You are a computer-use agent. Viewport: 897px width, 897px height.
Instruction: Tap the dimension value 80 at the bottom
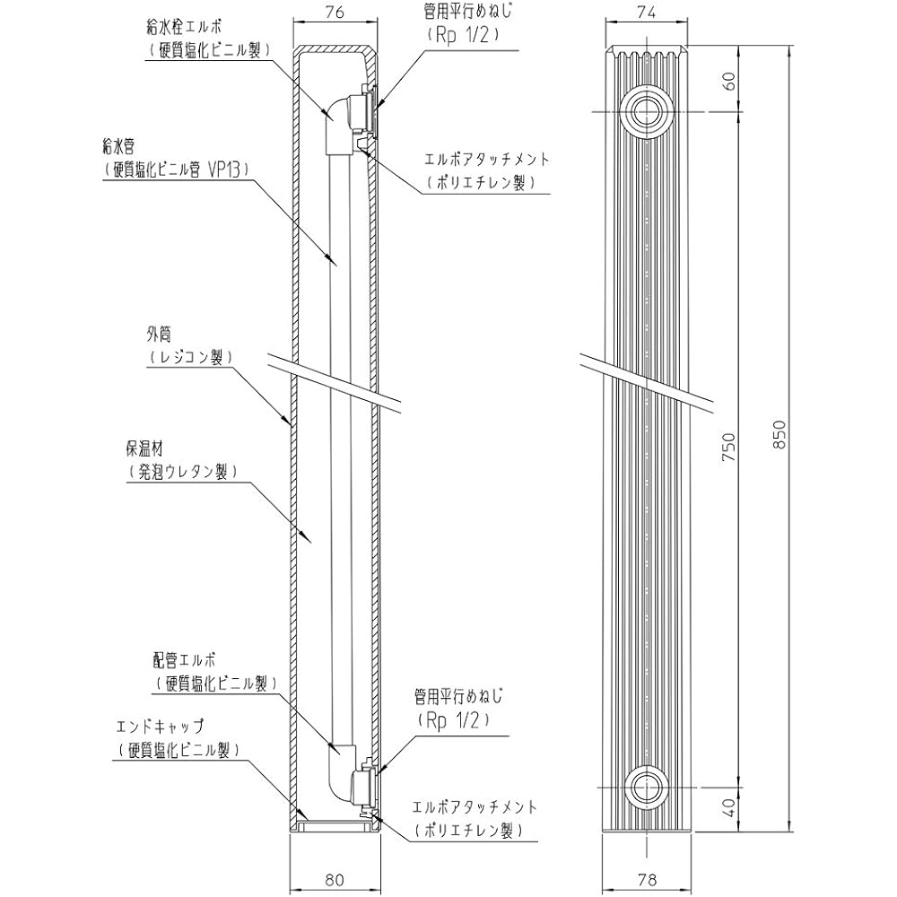click(335, 880)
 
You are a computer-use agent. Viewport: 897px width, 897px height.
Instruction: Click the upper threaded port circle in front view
click(643, 111)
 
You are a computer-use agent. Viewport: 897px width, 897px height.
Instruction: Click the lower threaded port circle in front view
click(643, 787)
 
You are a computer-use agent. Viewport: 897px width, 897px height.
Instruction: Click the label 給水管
click(120, 144)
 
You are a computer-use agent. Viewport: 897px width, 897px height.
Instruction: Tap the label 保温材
click(143, 447)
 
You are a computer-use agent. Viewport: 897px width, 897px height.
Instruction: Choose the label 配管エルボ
click(186, 659)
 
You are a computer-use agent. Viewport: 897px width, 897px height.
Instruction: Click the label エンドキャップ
click(161, 726)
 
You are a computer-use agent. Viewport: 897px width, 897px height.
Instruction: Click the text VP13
click(224, 168)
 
